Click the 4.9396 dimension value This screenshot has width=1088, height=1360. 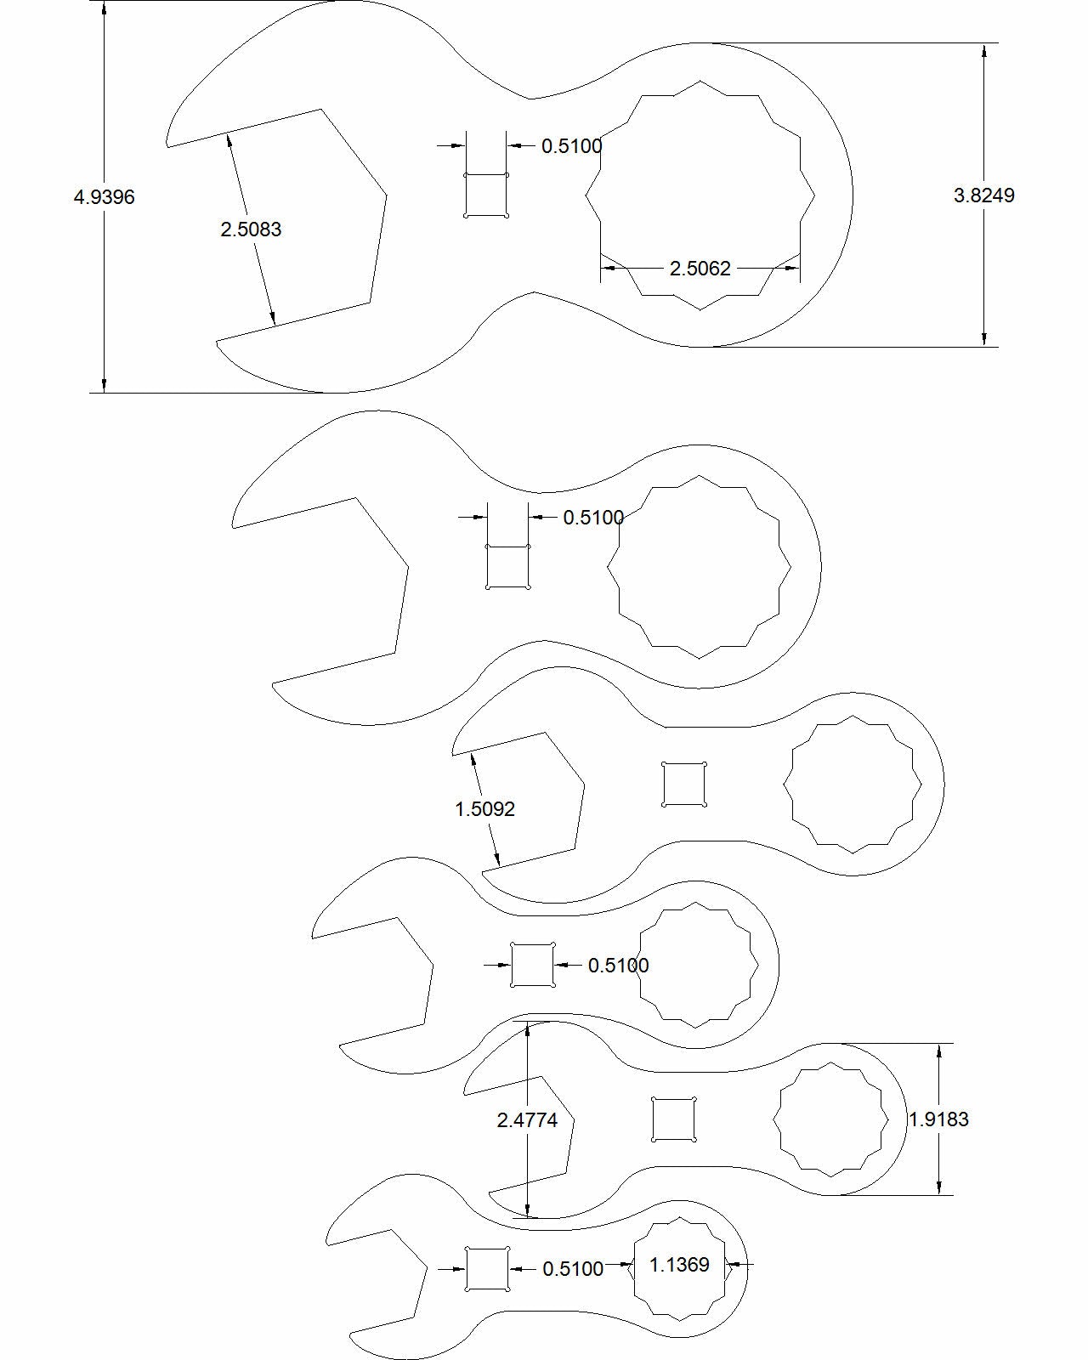(105, 197)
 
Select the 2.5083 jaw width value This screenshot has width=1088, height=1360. (251, 229)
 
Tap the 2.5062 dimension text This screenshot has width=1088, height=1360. (700, 269)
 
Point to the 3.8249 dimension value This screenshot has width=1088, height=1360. (983, 195)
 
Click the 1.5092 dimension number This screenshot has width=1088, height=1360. (484, 809)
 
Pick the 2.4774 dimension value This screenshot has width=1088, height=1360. (527, 1120)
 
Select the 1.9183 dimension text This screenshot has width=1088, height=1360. (938, 1119)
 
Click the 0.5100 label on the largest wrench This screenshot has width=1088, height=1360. (572, 146)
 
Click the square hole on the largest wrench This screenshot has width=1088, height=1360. (486, 195)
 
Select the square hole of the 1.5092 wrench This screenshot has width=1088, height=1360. (684, 785)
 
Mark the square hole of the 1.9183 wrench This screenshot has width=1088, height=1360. (673, 1119)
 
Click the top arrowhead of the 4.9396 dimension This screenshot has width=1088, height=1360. (105, 8)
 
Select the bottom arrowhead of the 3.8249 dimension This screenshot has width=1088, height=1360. (983, 339)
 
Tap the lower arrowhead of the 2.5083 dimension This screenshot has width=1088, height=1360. (273, 319)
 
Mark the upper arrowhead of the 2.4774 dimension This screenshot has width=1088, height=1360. (528, 1028)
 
